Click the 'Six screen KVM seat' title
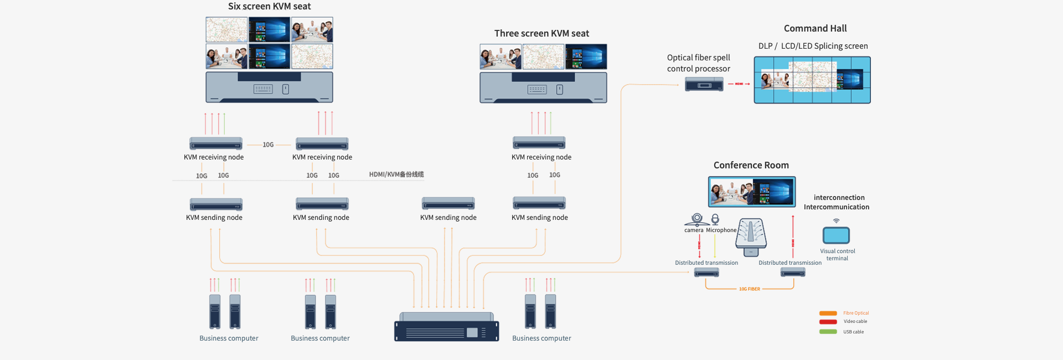point(269,7)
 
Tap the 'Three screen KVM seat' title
point(541,34)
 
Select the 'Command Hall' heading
point(815,29)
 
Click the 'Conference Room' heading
point(751,166)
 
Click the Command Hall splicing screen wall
point(812,80)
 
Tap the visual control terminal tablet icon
point(836,235)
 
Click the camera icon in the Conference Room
point(697,219)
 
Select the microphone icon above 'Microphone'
point(715,219)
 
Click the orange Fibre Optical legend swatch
point(828,313)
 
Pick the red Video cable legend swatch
point(828,322)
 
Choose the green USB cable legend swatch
point(828,332)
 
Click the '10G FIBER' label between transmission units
point(749,289)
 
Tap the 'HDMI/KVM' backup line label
point(396,174)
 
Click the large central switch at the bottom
point(446,328)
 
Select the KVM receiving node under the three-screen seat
point(539,143)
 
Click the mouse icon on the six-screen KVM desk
point(286,89)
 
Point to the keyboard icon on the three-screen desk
point(537,90)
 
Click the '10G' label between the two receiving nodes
point(268,145)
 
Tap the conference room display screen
point(752,192)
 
